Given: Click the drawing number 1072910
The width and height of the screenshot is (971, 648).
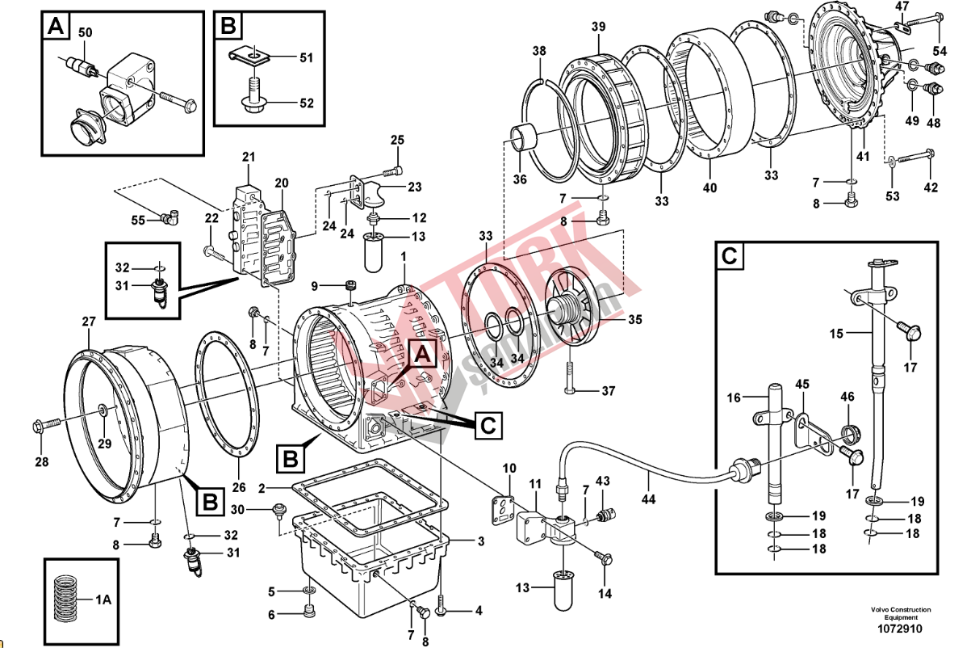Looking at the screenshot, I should click(x=900, y=629).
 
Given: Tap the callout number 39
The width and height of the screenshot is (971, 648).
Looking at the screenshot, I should click(x=597, y=27).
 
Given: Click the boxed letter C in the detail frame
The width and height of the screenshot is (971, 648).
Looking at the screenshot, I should click(x=729, y=257).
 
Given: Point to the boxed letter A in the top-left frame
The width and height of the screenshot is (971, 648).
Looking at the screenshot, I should click(x=55, y=26).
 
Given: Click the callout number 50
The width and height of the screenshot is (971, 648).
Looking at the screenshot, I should click(x=86, y=32).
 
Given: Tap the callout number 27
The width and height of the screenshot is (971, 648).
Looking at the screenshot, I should click(x=88, y=322).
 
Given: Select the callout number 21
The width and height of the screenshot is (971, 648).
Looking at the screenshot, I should click(x=248, y=156).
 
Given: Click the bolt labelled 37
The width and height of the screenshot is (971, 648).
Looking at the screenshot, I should click(x=572, y=391).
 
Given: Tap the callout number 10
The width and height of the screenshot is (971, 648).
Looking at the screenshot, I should click(x=509, y=468).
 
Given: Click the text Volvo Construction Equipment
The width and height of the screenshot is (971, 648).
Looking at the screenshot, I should click(x=900, y=613).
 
